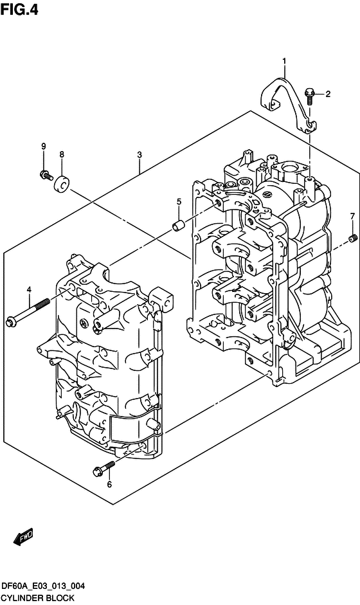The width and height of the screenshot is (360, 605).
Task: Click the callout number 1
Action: [284, 61]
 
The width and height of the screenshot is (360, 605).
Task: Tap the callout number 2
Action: [328, 94]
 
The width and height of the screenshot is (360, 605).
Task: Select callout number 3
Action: [139, 155]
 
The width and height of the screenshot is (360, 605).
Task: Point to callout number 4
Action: [28, 289]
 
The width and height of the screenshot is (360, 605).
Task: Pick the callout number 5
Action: [179, 201]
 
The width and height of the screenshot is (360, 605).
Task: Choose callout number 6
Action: [109, 484]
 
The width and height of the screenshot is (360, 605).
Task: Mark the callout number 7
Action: [352, 217]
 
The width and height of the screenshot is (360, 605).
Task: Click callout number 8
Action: [62, 155]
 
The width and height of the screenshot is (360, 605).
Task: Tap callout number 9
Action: [44, 146]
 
